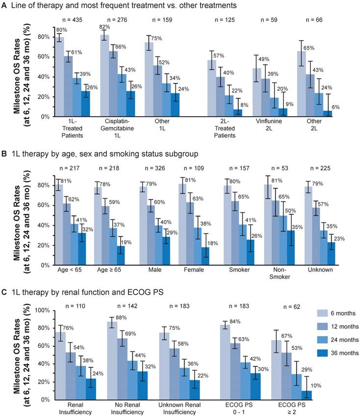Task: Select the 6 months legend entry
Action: pos(333,312)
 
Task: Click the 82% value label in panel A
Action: pos(104,27)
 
